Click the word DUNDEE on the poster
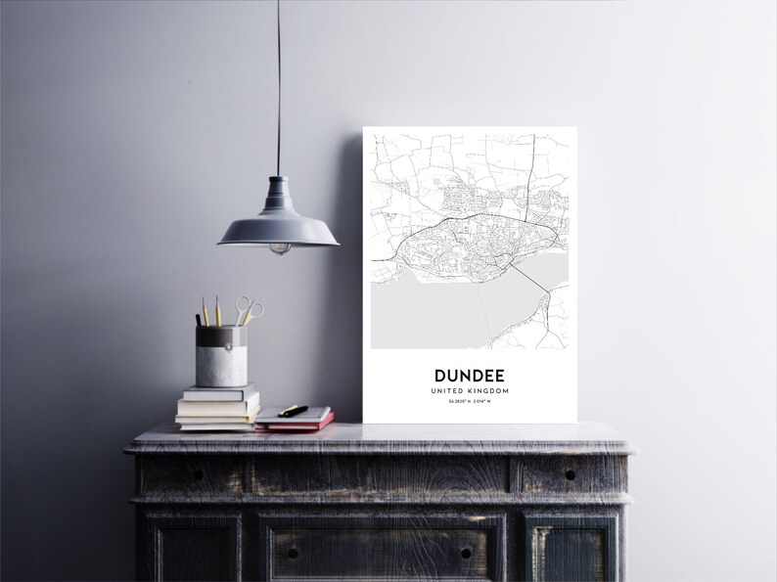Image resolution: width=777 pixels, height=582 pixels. click(469, 374)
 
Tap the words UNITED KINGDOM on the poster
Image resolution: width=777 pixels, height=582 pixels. click(469, 390)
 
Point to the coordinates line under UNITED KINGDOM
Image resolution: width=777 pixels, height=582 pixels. click(469, 402)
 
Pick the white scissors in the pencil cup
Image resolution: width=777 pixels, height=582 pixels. click(249, 311)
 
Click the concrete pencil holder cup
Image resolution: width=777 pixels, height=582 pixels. click(224, 357)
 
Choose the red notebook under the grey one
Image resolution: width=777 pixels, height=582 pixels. click(296, 423)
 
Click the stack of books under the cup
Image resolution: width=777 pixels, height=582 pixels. click(217, 407)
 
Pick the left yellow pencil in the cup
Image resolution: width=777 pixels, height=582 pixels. click(205, 310)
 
